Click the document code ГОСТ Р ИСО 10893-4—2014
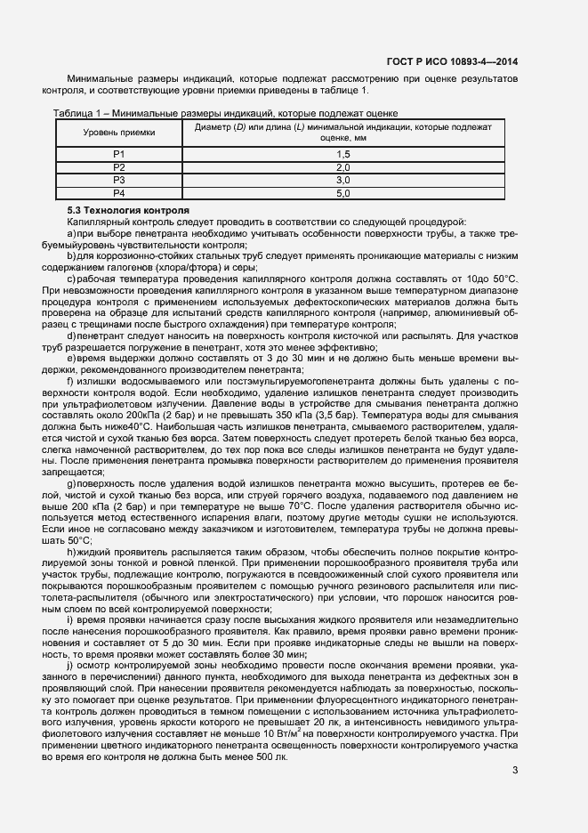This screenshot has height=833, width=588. (x=453, y=61)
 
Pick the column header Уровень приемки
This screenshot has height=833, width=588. (x=118, y=132)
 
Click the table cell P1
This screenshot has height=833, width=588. (x=118, y=154)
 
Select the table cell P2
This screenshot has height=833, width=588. (x=118, y=167)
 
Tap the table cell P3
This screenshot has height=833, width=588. (x=118, y=180)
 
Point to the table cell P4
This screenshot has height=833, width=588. (x=118, y=192)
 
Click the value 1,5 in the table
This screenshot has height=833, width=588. (x=342, y=154)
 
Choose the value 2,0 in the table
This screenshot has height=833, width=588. (x=342, y=167)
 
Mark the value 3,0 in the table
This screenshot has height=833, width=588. (x=342, y=180)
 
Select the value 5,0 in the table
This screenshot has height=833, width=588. (x=342, y=192)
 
